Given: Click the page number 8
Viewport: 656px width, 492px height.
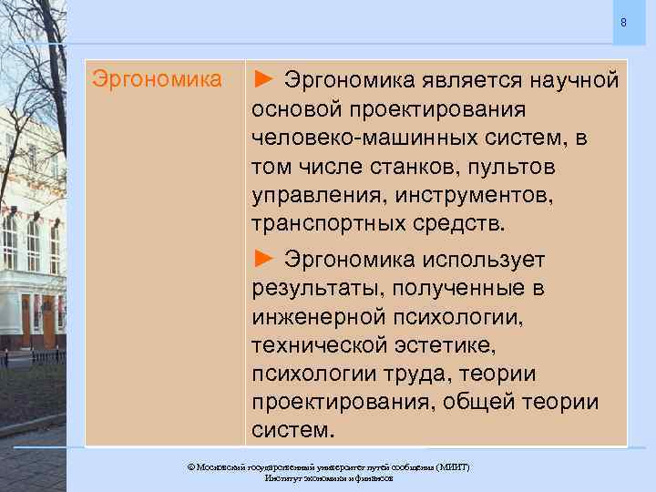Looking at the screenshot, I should point(623,22).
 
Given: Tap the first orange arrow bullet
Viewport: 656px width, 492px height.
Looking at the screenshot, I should point(263,79).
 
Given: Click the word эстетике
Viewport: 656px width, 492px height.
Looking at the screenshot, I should point(436,347).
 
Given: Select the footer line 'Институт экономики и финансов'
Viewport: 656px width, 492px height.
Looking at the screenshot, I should point(328,477).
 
